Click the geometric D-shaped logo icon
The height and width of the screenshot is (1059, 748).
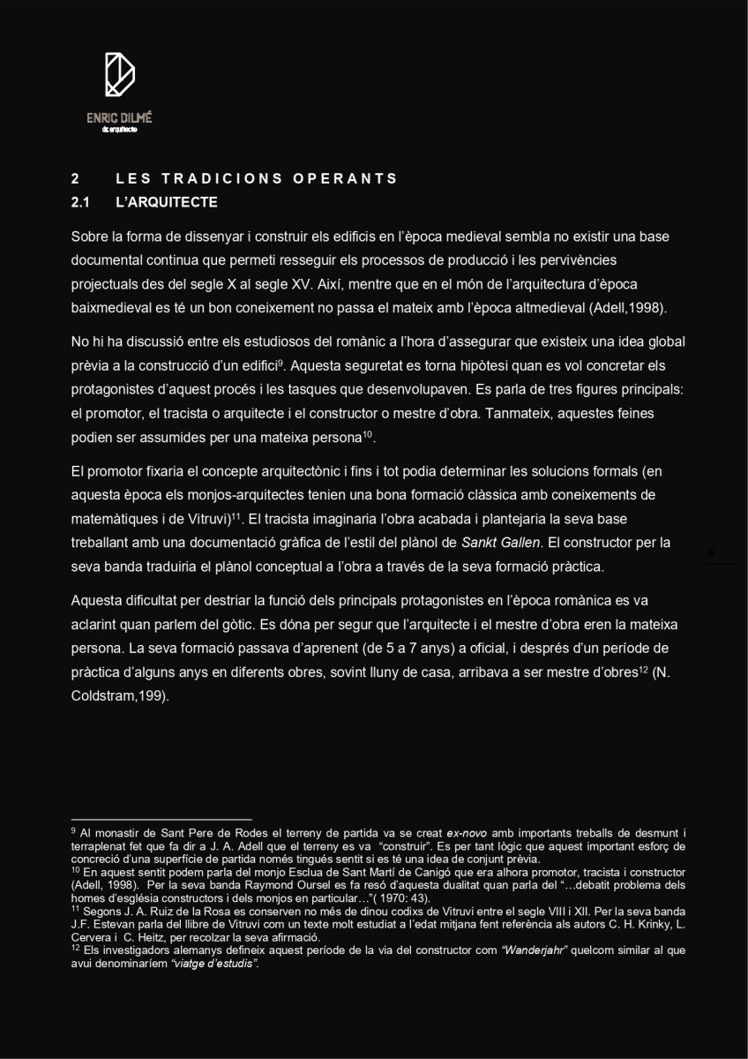(119, 74)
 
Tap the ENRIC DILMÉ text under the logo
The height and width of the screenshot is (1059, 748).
(119, 117)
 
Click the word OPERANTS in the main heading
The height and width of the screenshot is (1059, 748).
(346, 178)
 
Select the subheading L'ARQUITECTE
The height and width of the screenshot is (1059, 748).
(167, 203)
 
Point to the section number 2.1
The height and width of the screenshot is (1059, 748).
(81, 203)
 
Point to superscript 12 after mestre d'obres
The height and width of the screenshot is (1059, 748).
(645, 669)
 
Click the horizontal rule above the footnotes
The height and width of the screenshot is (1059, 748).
(161, 820)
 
